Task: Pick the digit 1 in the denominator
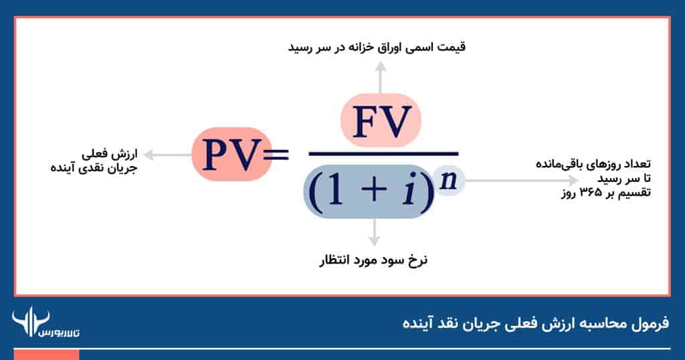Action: click(x=336, y=192)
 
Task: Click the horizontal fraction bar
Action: click(x=383, y=154)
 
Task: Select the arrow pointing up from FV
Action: click(x=381, y=78)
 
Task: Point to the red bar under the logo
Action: click(x=46, y=355)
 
